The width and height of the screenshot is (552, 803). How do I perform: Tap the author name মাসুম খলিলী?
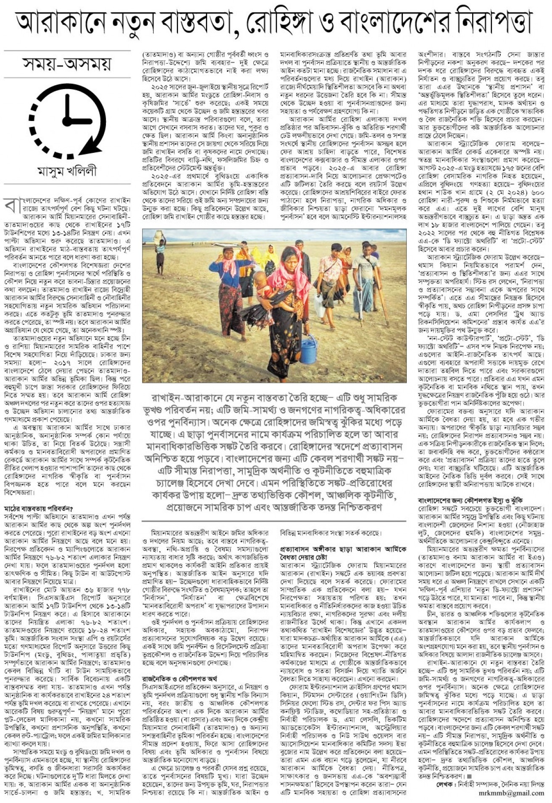(x=67, y=172)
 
